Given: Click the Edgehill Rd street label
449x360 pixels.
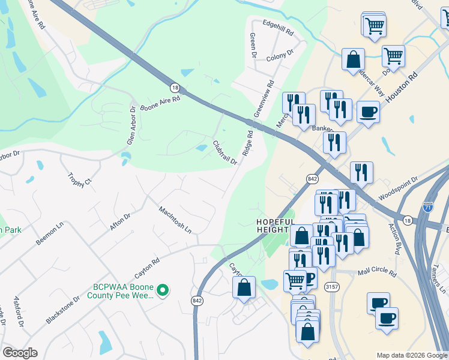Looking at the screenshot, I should tap(278, 27).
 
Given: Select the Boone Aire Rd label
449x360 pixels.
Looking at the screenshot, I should tap(160, 102).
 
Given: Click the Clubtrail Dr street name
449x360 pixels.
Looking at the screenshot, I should tap(225, 152).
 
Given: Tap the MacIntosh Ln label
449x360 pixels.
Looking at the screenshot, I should tap(175, 220).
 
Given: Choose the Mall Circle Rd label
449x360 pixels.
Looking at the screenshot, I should tap(377, 273).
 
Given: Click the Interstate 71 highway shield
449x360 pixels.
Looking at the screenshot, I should tap(427, 207).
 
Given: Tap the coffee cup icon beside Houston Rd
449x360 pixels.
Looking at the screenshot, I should tap(368, 111).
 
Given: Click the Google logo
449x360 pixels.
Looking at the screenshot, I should tap(20, 353).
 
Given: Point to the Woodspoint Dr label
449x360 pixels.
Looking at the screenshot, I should tap(398, 189).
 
